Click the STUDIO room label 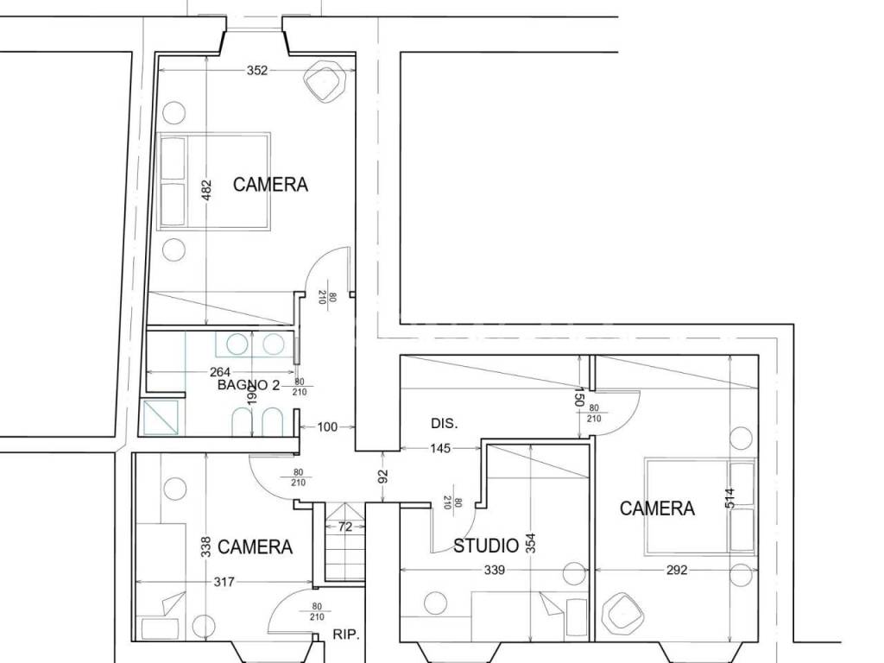[486, 546]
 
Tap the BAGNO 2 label [249, 386]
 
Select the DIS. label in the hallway [445, 423]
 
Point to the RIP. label [345, 635]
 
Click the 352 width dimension [257, 71]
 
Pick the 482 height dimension [207, 191]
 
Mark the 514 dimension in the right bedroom [730, 499]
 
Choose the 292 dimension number [677, 570]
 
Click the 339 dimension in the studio [495, 570]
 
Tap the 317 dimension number [224, 582]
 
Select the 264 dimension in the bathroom [220, 372]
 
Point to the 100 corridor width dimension [327, 426]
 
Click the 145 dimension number [440, 448]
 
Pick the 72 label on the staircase [345, 527]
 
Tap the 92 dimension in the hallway [382, 477]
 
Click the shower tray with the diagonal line [161, 417]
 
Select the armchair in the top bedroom [325, 84]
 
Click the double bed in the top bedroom [214, 181]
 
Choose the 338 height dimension [206, 546]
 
